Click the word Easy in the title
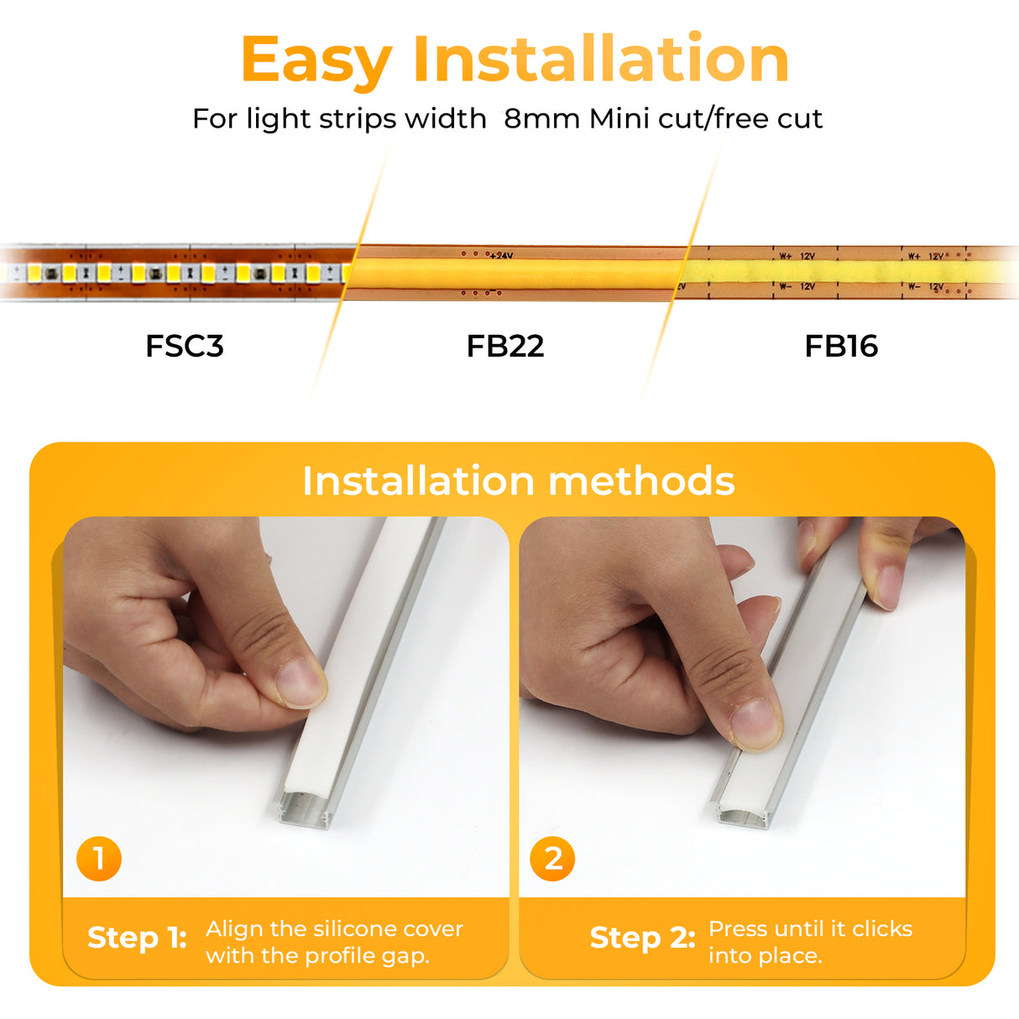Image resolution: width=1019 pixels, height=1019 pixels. [316, 60]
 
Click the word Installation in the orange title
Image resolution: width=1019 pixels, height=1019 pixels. [600, 59]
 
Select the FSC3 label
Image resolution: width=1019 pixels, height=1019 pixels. [185, 346]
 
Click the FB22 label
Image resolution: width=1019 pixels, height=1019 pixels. [505, 346]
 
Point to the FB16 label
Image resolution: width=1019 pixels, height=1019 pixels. [841, 346]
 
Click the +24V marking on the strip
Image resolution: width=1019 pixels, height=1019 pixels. [501, 255]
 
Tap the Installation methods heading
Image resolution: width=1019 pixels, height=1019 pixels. [518, 481]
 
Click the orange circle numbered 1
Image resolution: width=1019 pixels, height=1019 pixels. [99, 859]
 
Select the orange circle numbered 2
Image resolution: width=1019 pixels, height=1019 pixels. [552, 859]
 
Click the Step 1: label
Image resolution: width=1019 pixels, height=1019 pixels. [137, 938]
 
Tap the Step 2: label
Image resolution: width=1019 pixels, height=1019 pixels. [642, 938]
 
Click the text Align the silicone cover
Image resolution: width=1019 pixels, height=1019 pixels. [334, 929]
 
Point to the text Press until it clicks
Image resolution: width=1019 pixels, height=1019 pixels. [810, 929]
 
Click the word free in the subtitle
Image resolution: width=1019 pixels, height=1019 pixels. [743, 119]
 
